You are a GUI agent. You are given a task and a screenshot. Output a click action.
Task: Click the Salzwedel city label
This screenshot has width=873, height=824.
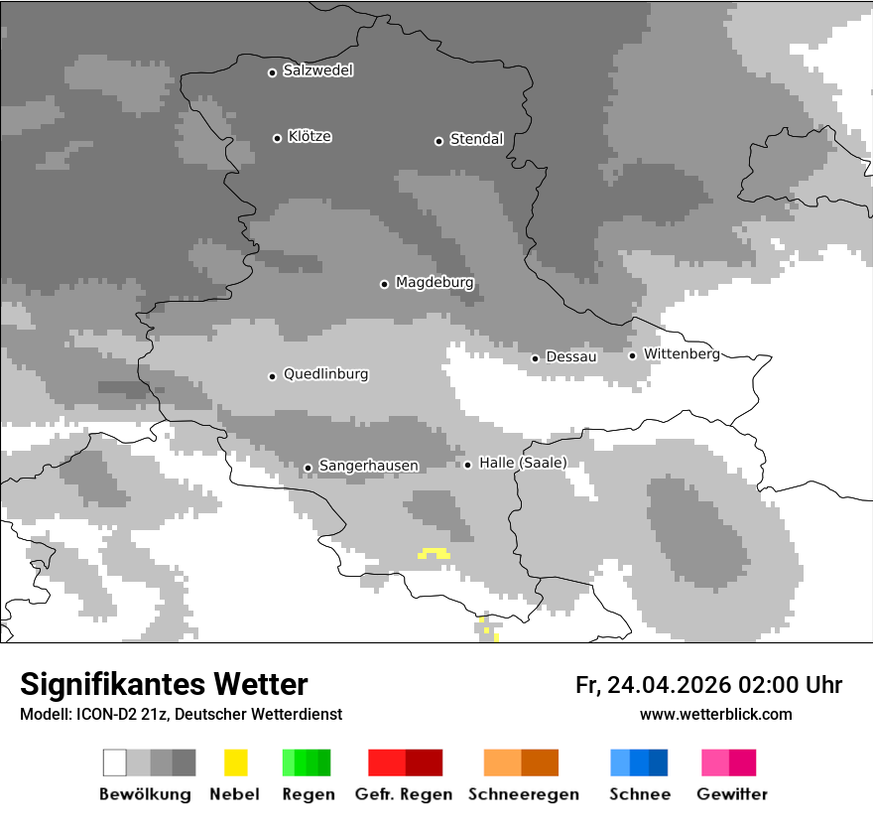[x=317, y=70]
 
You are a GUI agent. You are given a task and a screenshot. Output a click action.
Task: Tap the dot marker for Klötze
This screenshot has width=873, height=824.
[x=277, y=138]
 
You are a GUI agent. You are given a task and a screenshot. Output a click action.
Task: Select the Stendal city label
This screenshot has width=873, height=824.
[x=476, y=139]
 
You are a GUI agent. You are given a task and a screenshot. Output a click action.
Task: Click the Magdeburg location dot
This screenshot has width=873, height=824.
[x=384, y=284]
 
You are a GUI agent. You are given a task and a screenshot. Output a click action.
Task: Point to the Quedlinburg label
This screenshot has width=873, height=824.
[x=325, y=374]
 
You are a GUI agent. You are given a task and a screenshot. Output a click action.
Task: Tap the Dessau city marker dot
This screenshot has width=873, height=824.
[x=535, y=358]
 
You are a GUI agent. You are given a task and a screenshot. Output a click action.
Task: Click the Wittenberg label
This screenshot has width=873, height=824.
[x=682, y=353]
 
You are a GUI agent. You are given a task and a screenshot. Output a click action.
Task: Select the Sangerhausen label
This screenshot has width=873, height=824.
[x=368, y=466]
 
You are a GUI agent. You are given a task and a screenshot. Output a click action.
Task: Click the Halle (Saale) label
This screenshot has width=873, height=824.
[x=523, y=463]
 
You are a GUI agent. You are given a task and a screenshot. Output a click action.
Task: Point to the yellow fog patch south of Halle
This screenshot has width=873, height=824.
[x=434, y=553]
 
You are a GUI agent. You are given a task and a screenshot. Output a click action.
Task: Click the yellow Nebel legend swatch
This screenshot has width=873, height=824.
[x=235, y=762]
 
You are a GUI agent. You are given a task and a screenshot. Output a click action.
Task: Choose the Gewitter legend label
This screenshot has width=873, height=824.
[x=732, y=794]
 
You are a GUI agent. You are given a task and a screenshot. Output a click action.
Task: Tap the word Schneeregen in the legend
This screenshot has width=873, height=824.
[x=520, y=794]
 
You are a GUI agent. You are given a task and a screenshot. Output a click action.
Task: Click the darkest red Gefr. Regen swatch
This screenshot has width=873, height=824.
[x=424, y=762]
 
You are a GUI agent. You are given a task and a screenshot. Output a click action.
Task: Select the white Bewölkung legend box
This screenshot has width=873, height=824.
[x=115, y=762]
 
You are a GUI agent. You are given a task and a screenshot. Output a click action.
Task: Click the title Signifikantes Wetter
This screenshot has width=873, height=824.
[x=164, y=685]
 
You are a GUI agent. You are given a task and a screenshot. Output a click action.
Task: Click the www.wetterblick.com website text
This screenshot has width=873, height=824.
[x=715, y=715]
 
